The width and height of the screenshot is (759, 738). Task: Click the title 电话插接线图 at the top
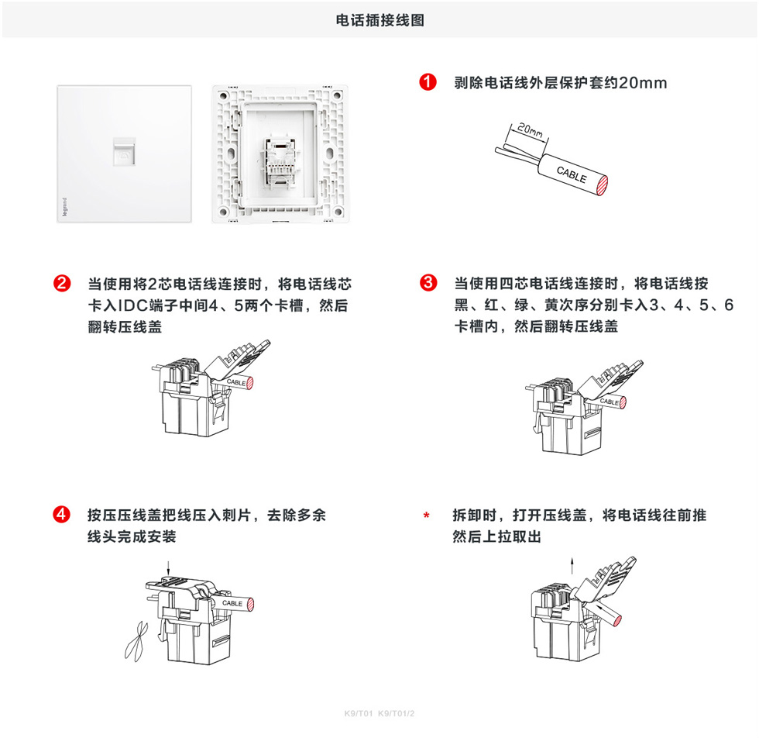tap(379, 20)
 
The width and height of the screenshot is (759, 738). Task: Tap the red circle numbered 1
tap(426, 83)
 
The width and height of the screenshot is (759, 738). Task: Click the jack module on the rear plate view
tap(278, 160)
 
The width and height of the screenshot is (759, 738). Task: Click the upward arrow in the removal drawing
tap(572, 563)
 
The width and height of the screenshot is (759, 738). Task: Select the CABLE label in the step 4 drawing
tap(232, 603)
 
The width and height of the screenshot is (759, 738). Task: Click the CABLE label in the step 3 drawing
tap(610, 402)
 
